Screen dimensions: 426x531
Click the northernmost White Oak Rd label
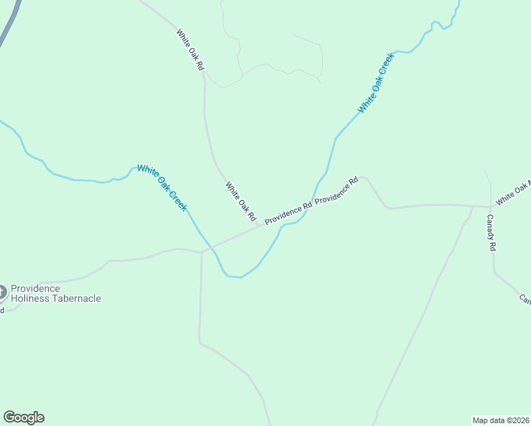pos(190,49)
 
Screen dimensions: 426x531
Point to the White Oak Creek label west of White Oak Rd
pos(162,187)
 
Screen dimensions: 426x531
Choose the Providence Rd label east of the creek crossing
pos(336,191)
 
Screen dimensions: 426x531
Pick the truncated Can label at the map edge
pos(525,300)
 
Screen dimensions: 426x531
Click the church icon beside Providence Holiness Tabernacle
pos(1,292)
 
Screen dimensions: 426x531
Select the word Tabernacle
pos(75,299)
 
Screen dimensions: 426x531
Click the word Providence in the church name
pos(35,289)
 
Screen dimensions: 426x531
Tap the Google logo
pos(23,417)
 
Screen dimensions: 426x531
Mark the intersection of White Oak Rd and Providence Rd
pos(258,226)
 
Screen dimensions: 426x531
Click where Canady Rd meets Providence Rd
pos(491,207)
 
